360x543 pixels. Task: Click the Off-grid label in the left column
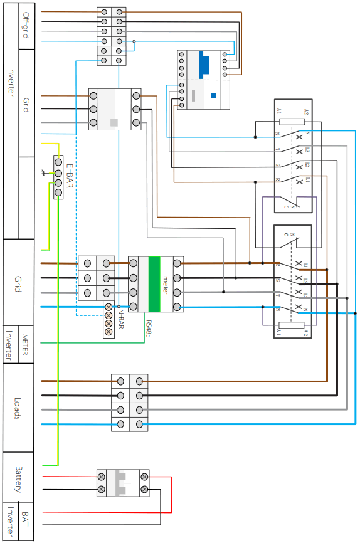(26, 25)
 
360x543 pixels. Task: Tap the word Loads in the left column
(18, 408)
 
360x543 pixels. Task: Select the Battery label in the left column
(18, 479)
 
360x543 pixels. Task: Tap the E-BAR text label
(69, 176)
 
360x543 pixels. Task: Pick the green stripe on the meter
(154, 284)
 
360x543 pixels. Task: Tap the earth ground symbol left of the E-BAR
(44, 172)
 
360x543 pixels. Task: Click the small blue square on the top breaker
(213, 96)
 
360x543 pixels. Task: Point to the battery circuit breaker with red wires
(123, 483)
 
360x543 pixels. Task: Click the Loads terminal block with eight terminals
(130, 403)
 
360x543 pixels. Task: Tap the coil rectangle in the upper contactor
(292, 121)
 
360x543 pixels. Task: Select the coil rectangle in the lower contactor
(292, 325)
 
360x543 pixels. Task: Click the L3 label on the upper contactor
(307, 151)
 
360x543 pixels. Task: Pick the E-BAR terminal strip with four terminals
(58, 177)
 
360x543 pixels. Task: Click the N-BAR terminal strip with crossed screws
(109, 320)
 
